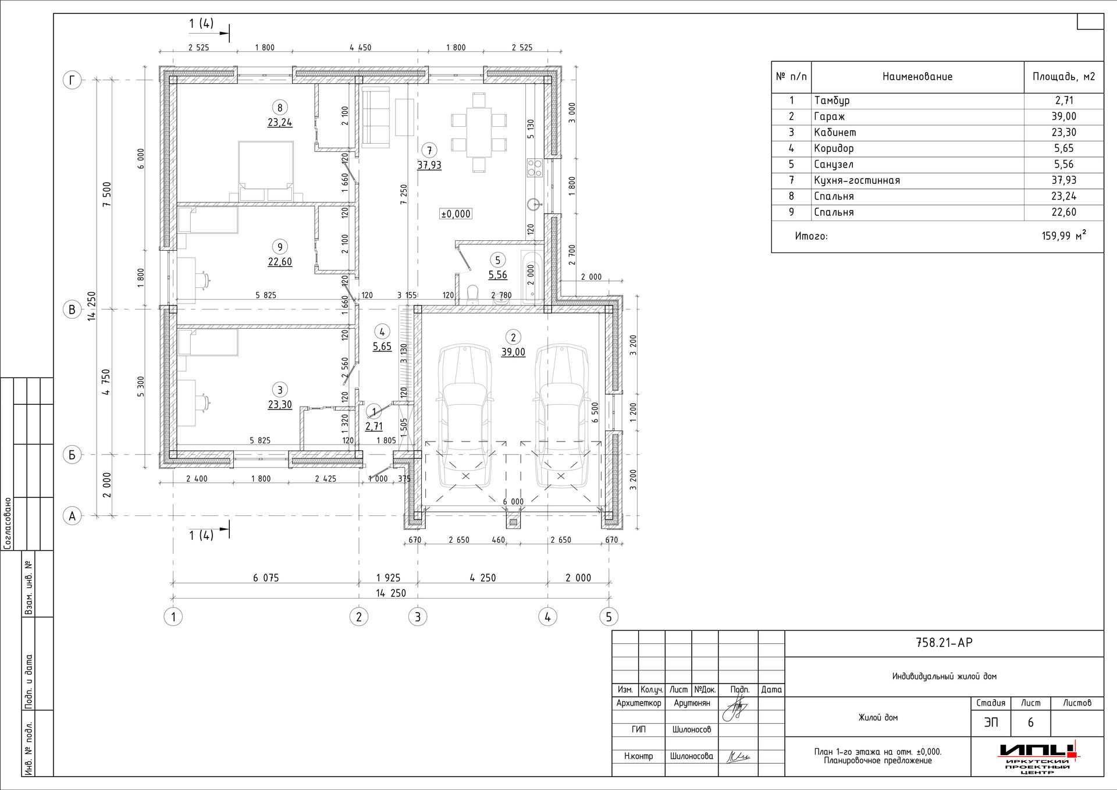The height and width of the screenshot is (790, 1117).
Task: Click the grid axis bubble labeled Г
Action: click(72, 80)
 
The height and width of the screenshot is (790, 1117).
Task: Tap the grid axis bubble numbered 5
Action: click(609, 617)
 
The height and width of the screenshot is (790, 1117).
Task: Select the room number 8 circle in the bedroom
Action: click(280, 107)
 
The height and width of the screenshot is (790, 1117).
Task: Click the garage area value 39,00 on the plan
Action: click(513, 352)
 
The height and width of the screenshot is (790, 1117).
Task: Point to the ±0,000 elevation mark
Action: click(456, 213)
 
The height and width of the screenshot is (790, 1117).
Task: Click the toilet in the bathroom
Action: click(472, 293)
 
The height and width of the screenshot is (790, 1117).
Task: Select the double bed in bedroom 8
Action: click(266, 171)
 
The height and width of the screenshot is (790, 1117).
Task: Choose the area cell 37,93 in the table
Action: click(1063, 180)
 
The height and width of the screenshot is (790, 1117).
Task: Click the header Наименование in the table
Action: click(917, 77)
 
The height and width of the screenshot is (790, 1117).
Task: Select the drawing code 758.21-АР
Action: click(944, 643)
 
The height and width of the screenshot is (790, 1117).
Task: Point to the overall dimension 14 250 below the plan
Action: click(391, 593)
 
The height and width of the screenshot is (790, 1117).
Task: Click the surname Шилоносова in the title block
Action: click(692, 756)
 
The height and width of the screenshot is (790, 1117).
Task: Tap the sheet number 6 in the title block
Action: click(1031, 723)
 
